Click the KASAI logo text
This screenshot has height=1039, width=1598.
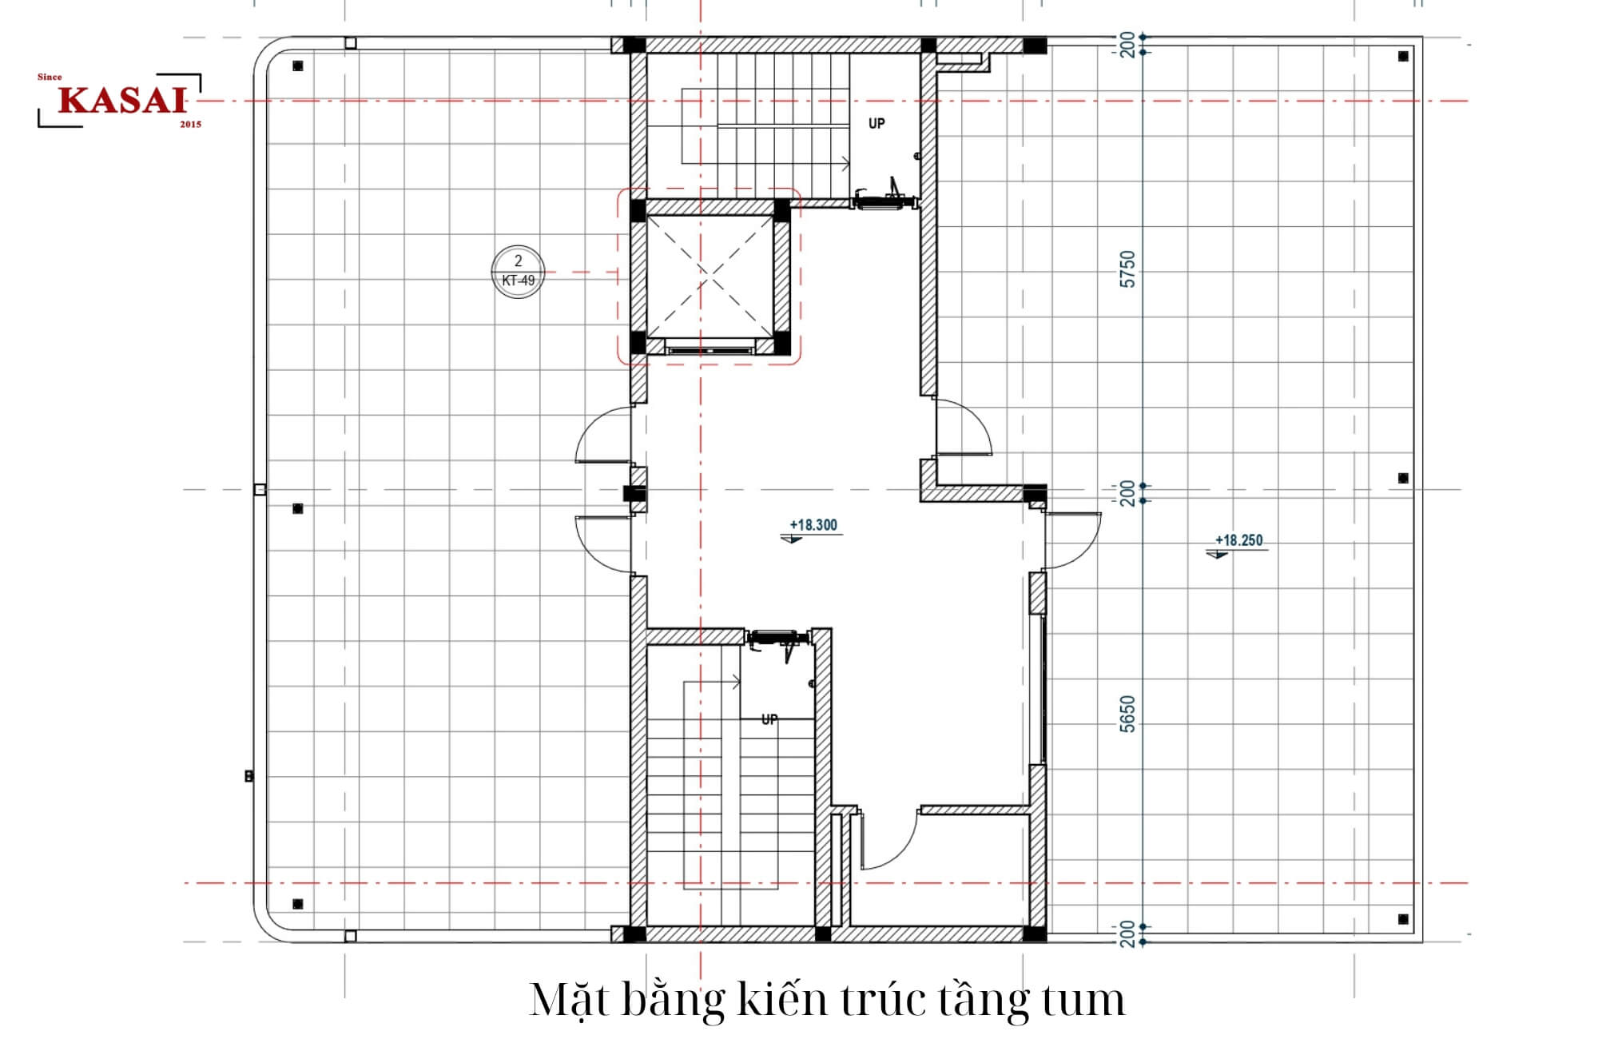point(121,101)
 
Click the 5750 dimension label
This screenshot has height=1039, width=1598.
point(1127,269)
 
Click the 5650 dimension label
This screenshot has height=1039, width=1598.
point(1127,714)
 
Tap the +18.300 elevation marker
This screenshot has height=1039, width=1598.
point(813,526)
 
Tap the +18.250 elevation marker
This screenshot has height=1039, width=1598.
point(1238,541)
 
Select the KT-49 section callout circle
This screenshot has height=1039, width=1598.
point(518,272)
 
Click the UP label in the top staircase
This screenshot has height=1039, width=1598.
point(877,124)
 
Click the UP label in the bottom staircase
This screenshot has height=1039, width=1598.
point(769,719)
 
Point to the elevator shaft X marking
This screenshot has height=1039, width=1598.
point(709,277)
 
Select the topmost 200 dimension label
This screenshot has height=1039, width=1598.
point(1127,44)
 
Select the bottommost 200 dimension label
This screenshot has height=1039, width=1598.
point(1127,934)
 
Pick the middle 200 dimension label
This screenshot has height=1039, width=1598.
point(1127,493)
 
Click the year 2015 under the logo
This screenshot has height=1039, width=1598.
point(190,125)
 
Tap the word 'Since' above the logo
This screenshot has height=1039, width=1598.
point(50,77)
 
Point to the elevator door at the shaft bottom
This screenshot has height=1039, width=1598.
point(710,349)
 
